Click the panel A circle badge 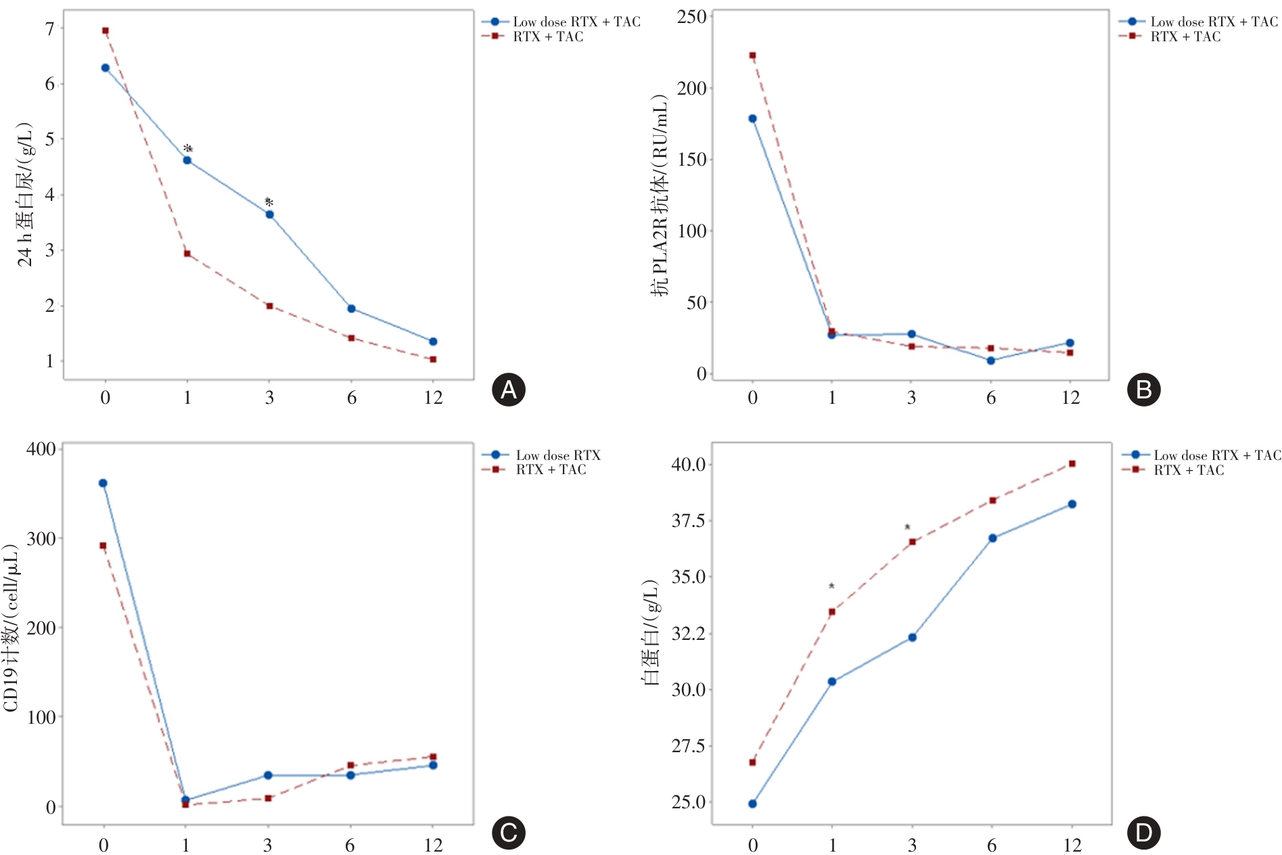[509, 390]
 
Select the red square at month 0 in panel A [106, 31]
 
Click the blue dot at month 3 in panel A [269, 214]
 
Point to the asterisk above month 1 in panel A [188, 149]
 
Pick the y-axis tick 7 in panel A [50, 29]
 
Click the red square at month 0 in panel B [752, 55]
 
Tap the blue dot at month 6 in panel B [991, 361]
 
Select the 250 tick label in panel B [691, 17]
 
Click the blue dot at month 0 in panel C [103, 483]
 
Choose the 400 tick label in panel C [41, 449]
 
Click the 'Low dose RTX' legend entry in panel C [557, 455]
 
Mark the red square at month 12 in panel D [1072, 464]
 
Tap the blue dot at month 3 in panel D [912, 637]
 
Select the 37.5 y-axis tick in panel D [687, 521]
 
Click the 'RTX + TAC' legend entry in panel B [1185, 37]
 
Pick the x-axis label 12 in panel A [433, 398]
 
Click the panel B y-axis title [660, 196]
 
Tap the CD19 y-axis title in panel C [12, 628]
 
